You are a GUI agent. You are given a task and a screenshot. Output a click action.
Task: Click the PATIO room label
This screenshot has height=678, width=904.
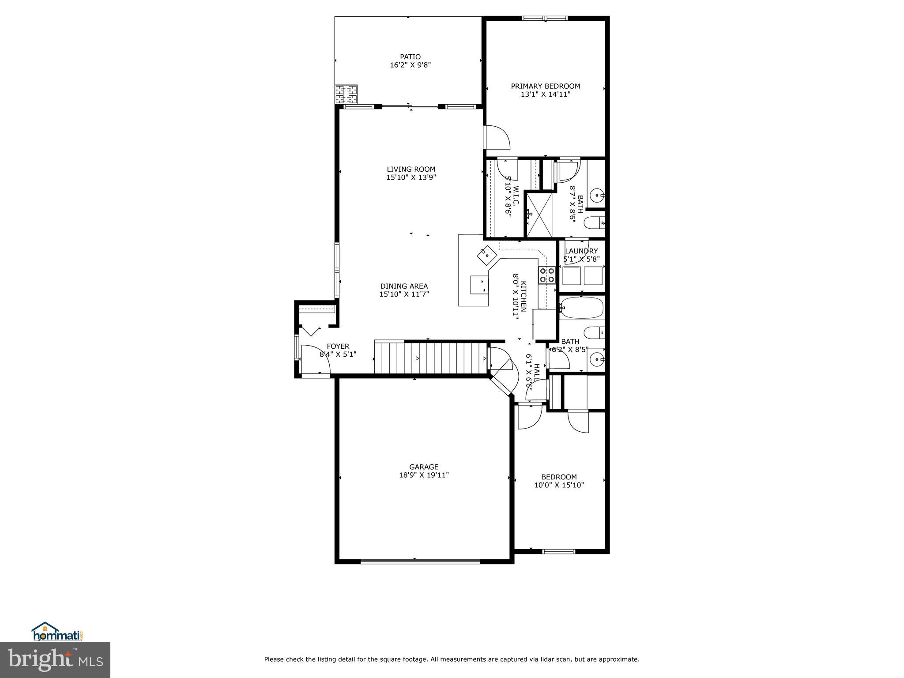click(x=410, y=56)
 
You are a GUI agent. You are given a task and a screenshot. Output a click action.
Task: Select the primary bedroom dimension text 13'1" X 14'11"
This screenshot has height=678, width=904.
click(x=546, y=94)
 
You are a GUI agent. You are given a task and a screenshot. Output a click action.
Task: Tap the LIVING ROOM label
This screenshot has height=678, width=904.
click(x=411, y=169)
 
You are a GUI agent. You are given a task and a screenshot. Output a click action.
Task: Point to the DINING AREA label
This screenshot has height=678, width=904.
click(x=404, y=286)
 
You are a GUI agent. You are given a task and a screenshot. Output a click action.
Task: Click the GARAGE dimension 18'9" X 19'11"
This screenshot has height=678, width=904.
click(x=424, y=475)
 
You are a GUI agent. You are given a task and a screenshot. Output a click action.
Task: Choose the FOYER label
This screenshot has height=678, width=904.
click(x=338, y=347)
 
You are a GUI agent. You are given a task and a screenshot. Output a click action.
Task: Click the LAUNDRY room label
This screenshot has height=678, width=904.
click(x=581, y=251)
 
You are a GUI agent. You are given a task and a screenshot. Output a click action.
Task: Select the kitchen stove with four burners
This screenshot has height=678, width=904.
click(x=547, y=275)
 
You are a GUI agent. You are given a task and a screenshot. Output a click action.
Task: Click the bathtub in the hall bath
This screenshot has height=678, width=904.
click(x=581, y=308)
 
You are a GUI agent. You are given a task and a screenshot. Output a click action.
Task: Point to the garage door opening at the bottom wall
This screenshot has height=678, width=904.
click(x=420, y=561)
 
